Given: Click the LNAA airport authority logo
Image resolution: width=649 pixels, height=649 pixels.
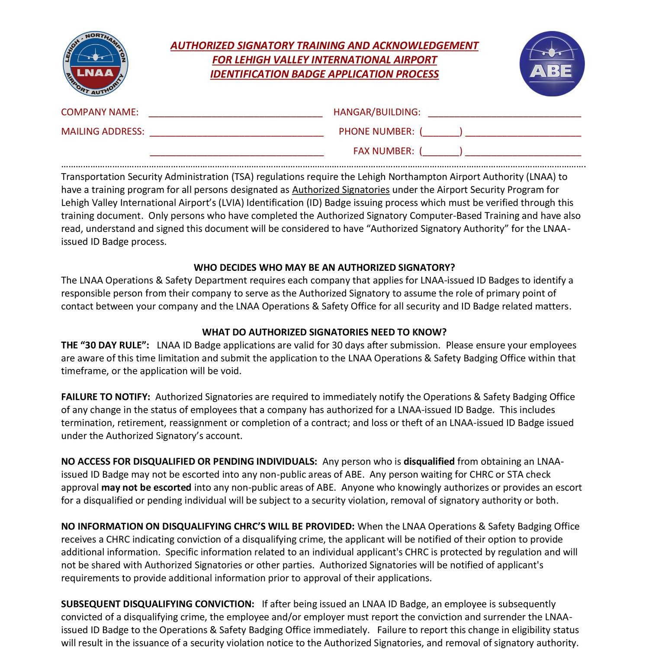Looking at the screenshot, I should coord(95,64).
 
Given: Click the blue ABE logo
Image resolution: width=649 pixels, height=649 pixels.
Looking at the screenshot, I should coord(552,64).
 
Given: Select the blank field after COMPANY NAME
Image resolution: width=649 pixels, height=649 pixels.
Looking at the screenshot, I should coord(235,113).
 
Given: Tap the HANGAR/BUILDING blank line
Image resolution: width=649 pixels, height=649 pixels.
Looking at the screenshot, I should coord(504,113).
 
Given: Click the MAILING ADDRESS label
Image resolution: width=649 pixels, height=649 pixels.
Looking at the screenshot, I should coord(103,132).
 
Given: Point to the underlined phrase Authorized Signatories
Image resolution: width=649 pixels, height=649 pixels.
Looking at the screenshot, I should coord(341,190).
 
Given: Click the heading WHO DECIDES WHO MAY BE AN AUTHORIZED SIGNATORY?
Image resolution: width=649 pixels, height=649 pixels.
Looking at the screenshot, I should coord(324,267).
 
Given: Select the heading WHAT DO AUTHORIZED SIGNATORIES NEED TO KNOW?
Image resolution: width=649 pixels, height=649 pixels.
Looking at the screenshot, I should coord(324,332).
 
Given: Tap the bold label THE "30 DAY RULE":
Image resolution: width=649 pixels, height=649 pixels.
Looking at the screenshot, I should coord(105,345).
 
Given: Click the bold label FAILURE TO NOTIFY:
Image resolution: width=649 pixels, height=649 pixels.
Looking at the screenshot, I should coord(106,397).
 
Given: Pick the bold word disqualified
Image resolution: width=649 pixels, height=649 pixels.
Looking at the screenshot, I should coord(429,462).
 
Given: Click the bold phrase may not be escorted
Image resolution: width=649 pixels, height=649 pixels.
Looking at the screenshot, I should coord(146,488).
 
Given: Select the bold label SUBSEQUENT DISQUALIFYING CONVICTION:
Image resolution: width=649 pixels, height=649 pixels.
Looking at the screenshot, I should coord(157,604).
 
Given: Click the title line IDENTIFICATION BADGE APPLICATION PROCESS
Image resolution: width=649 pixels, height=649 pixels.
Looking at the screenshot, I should coord(324,74).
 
